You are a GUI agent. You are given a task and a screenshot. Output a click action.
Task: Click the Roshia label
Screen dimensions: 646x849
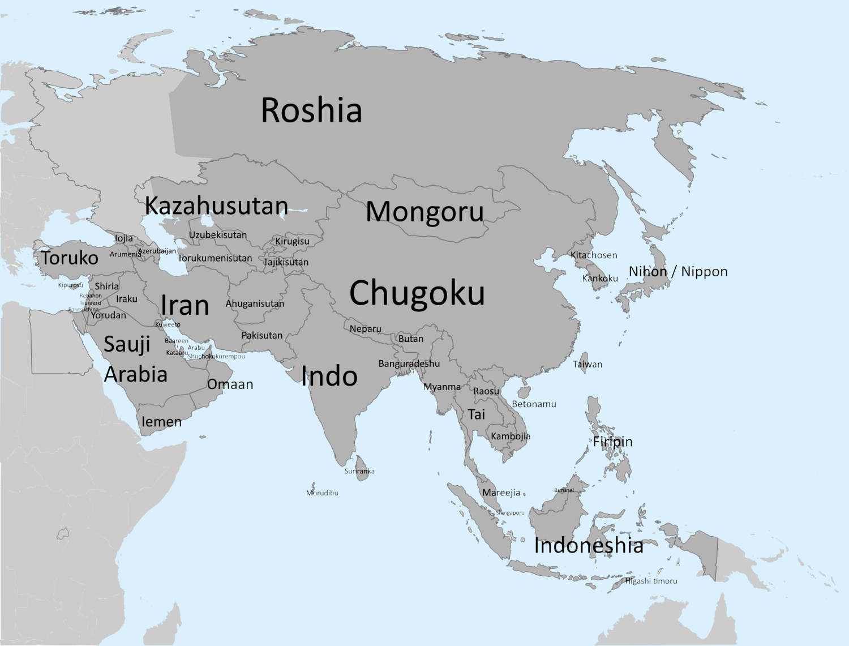[x=311, y=110]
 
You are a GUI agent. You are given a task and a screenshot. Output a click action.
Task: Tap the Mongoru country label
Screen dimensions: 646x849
[x=424, y=212]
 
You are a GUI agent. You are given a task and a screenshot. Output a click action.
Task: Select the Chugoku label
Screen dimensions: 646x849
[x=417, y=293]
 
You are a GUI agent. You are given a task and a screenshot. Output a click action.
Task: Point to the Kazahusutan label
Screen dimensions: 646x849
[x=216, y=206]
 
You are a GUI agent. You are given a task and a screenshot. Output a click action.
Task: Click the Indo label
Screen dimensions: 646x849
[x=329, y=377]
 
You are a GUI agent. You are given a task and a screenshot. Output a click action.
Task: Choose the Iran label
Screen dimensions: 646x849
[x=185, y=306]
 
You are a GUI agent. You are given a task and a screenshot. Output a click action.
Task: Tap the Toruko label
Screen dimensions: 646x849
[x=70, y=258]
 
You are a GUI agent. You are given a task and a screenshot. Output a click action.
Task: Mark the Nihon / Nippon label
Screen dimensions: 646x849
[x=678, y=272]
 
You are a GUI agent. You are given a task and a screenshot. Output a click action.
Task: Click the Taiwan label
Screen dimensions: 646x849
[x=588, y=364]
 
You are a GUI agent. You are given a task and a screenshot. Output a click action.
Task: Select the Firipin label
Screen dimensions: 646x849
[x=612, y=442]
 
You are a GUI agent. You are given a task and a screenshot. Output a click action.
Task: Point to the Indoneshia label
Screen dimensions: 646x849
[x=589, y=546]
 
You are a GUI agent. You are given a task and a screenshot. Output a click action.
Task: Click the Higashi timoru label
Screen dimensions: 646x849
[x=651, y=581]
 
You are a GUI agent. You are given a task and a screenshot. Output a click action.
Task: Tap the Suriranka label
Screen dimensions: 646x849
[x=359, y=471]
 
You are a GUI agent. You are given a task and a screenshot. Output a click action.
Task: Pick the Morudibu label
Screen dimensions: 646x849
[x=322, y=493]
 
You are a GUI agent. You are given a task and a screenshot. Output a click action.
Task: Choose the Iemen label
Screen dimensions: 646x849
[x=161, y=422]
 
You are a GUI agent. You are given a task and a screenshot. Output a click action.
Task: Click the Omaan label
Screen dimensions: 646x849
[x=230, y=384]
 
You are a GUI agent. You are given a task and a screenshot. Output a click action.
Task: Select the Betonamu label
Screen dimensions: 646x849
[x=534, y=404]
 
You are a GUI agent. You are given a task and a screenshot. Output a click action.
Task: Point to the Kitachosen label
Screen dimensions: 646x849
[x=594, y=255]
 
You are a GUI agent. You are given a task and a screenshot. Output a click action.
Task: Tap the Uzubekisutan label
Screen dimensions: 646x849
[x=218, y=235]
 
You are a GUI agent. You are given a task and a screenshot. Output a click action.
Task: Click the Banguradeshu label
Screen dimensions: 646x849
[x=409, y=363]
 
